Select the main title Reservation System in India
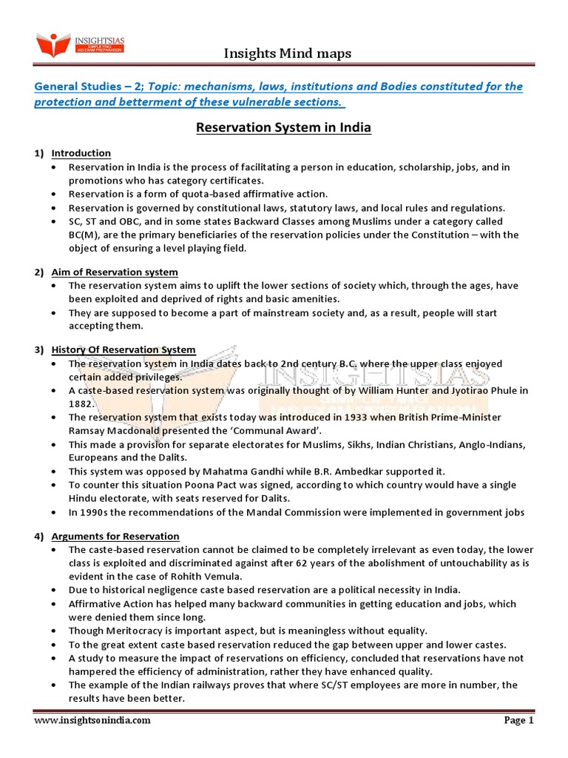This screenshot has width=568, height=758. click(283, 128)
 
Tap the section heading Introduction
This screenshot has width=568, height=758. click(81, 153)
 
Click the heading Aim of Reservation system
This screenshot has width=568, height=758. click(114, 272)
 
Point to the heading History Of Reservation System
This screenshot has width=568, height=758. click(123, 349)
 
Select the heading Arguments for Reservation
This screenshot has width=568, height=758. click(115, 536)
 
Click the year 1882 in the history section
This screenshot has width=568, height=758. click(81, 403)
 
